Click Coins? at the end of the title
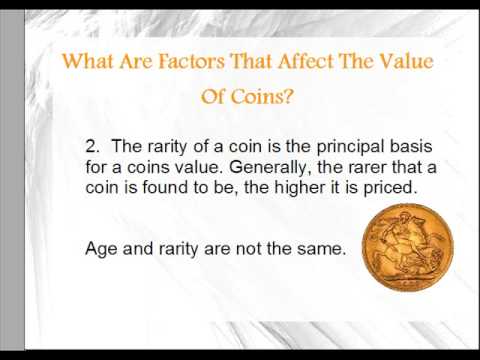pos(263,101)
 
